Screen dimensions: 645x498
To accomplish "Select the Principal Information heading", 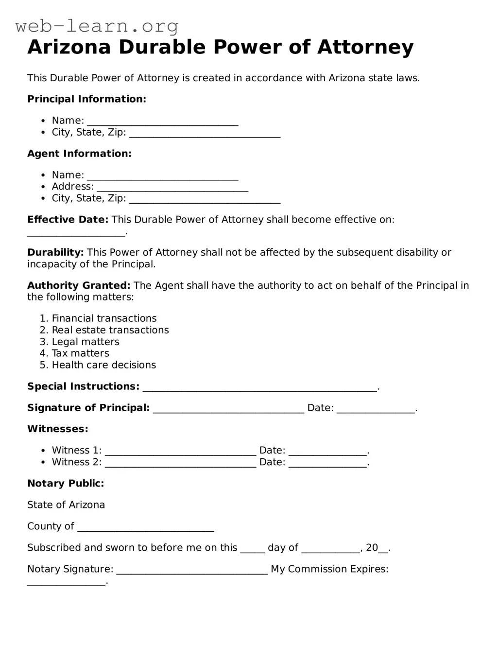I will pos(86,99).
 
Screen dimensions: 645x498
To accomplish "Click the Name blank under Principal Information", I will pos(162,122).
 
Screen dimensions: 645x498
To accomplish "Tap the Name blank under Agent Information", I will pos(162,176).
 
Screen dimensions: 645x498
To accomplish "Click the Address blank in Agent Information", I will pos(172,188).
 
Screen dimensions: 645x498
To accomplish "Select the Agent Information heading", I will pos(79,154).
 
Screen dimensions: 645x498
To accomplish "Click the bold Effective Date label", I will pos(68,220).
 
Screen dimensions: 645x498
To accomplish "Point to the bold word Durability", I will pos(55,253).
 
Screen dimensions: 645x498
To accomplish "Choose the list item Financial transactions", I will pos(104,318).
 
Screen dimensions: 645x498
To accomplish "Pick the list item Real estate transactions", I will pos(110,330).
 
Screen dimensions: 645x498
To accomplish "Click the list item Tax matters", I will pos(80,353).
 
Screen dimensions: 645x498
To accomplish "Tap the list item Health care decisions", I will pos(103,365).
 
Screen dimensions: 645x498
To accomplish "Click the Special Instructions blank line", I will pos(259,388).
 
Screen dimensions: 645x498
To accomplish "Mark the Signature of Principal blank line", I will pos(228,409).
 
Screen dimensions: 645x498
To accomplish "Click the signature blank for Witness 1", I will pos(180,452).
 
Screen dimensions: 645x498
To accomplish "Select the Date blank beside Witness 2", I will pos(327,463).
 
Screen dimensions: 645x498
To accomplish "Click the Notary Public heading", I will pos(66,484).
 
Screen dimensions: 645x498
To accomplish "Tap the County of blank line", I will pos(145,528).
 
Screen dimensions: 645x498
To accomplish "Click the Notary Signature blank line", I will pos(192,571).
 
